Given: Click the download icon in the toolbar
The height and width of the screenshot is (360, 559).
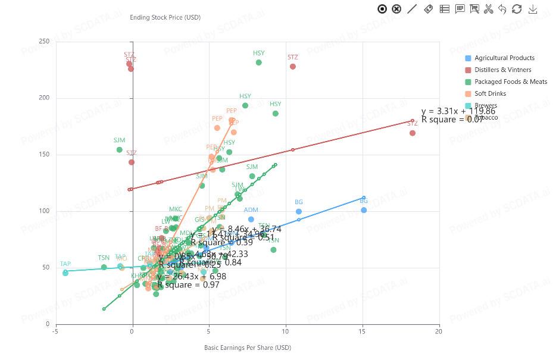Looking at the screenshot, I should pos(533,8).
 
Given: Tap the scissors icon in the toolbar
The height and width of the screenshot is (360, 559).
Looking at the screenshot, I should pos(488,8).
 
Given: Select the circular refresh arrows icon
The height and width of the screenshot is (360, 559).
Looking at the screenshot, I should pos(517,8).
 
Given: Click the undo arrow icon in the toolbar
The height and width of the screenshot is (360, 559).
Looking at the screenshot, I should pos(502,8).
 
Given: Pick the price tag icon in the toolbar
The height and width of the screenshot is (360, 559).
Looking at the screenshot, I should pos(428,8).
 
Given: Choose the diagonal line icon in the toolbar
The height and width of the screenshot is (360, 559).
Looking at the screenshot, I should pos(413,8).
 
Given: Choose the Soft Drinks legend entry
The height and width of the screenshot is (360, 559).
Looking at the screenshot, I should pos(489,94).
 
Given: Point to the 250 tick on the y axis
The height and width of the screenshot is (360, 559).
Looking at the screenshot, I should pos(44,42).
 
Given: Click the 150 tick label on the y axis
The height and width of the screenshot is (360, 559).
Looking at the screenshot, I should pos(44,155).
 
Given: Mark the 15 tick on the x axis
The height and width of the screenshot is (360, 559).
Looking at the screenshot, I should pos(363,331).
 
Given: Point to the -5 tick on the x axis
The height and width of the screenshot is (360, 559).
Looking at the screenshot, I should pos(56,331).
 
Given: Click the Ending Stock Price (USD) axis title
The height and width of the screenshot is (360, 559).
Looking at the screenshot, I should pos(165,17).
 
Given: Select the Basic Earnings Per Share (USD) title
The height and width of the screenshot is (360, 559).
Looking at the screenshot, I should pos(248,348).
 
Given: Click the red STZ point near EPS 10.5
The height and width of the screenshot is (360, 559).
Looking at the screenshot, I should pos(293,67).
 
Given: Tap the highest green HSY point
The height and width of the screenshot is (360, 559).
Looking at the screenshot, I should pos(259,62).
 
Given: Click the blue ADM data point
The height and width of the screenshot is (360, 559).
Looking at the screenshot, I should pos(251,220).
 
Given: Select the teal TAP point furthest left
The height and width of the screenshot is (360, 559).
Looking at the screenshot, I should pos(65,273).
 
